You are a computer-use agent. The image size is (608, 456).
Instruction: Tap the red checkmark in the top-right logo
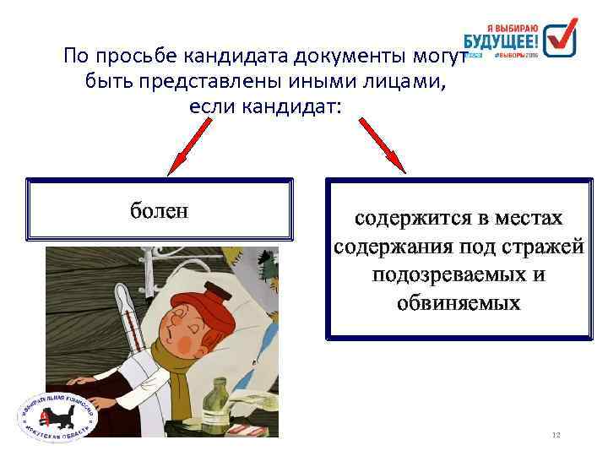[559, 37]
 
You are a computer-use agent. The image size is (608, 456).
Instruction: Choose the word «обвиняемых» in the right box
[459, 302]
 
